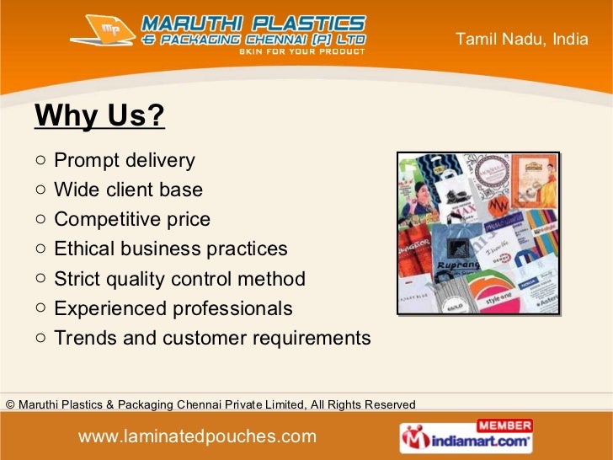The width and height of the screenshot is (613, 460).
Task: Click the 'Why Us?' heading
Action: tap(99, 117)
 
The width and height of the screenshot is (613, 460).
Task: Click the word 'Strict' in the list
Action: tap(77, 279)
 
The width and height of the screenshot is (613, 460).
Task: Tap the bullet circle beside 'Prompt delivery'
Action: tap(41, 160)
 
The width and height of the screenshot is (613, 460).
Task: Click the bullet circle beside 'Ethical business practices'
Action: tap(41, 249)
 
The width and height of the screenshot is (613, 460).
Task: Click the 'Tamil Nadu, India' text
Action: tap(521, 38)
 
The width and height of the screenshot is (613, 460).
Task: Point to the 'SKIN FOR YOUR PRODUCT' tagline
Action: tap(302, 51)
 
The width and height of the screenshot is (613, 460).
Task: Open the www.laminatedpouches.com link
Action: tap(197, 436)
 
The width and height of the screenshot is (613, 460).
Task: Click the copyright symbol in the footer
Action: tap(9, 405)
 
